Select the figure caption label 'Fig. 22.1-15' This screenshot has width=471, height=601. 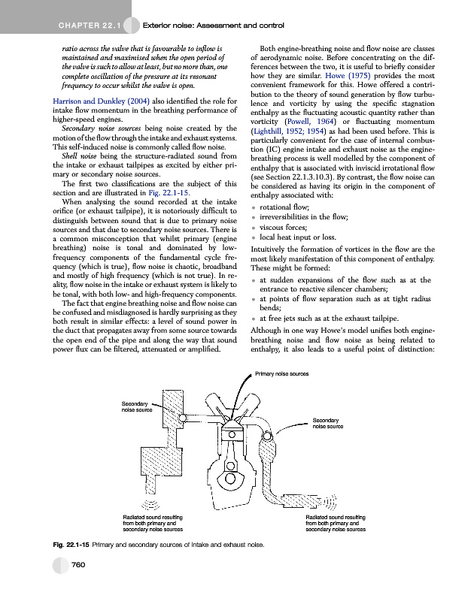click(70, 543)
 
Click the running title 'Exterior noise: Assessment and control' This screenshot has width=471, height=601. click(212, 27)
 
